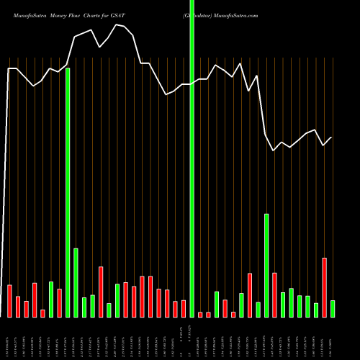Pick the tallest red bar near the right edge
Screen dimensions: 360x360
pyautogui.click(x=324, y=287)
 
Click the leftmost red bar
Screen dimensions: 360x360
pyautogui.click(x=9, y=301)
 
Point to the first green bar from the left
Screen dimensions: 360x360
pyautogui.click(x=51, y=299)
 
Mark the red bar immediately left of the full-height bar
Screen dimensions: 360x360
pyautogui.click(x=184, y=308)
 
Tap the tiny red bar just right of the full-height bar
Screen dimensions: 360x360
pyautogui.click(x=200, y=315)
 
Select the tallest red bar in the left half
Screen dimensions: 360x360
pyautogui.click(x=101, y=292)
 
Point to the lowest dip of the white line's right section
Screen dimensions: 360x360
pyautogui.click(x=274, y=150)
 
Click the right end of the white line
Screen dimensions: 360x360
pyautogui.click(x=332, y=138)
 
